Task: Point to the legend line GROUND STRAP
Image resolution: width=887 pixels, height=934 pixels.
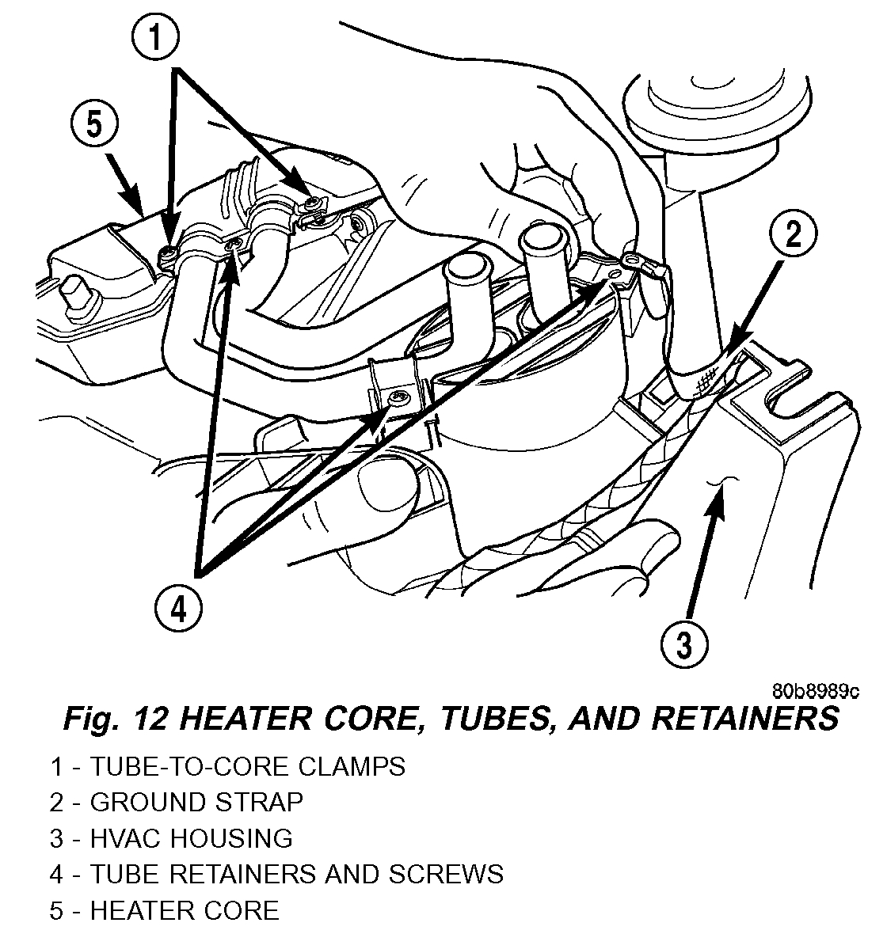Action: pos(196,802)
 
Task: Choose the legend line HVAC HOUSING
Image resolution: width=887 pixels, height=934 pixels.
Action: pos(191,837)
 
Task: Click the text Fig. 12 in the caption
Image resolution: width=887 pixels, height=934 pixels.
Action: pos(111,719)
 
